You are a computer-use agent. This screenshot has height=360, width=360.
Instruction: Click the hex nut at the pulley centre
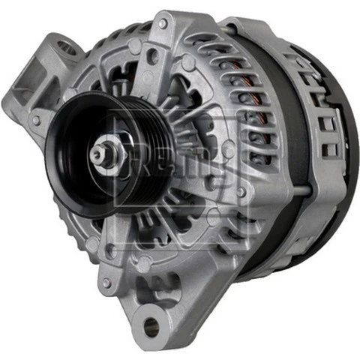click(x=100, y=154)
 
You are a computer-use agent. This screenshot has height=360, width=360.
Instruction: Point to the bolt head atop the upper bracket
click(x=163, y=23)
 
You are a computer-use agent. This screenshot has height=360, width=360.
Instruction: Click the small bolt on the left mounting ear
click(x=35, y=120)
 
